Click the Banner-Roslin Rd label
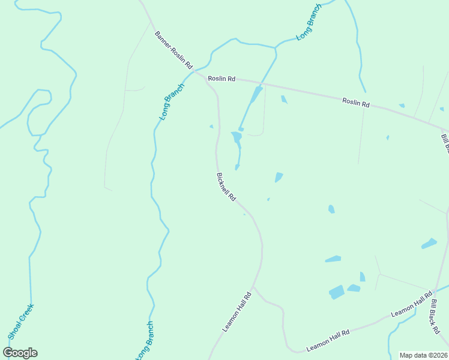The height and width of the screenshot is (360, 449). pyautogui.click(x=173, y=49)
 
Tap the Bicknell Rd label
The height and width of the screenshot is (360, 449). pyautogui.click(x=226, y=187)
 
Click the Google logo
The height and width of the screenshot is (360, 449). pyautogui.click(x=20, y=353)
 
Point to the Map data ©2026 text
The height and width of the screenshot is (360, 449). pyautogui.click(x=424, y=355)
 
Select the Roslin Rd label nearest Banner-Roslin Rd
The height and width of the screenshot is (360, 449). pyautogui.click(x=221, y=79)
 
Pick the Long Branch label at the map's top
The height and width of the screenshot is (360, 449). pyautogui.click(x=309, y=23)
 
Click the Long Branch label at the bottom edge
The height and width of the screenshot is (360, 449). pyautogui.click(x=145, y=340)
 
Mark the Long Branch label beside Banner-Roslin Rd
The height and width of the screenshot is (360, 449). pyautogui.click(x=172, y=101)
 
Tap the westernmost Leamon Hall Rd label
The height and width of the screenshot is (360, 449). pyautogui.click(x=236, y=311)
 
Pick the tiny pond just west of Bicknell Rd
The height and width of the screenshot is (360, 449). pyautogui.click(x=211, y=126)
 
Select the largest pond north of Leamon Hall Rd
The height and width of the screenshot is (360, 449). pyautogui.click(x=337, y=292)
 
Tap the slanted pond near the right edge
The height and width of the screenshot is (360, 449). pyautogui.click(x=429, y=244)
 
